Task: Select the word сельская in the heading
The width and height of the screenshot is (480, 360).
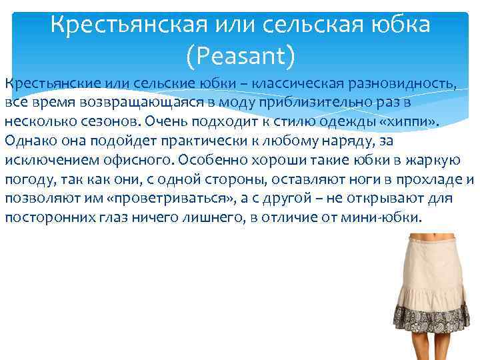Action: click(x=308, y=25)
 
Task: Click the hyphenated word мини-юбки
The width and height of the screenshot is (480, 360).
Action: click(x=385, y=217)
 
